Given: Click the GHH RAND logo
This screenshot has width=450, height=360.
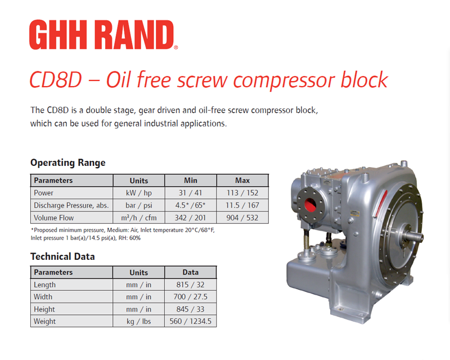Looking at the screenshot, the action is pyautogui.click(x=103, y=35).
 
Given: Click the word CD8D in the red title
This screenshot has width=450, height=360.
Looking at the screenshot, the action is pyautogui.click(x=56, y=79).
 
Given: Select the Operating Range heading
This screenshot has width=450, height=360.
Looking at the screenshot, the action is pyautogui.click(x=68, y=163).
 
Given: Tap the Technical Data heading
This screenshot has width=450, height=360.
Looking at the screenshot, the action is pyautogui.click(x=62, y=256).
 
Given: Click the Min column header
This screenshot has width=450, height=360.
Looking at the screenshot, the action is pyautogui.click(x=191, y=181).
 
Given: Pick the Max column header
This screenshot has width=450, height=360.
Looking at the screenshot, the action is pyautogui.click(x=242, y=181).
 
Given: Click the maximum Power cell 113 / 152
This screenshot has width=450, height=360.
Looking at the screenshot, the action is pyautogui.click(x=242, y=192).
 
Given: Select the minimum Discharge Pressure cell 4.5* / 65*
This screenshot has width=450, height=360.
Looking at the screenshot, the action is pyautogui.click(x=191, y=205).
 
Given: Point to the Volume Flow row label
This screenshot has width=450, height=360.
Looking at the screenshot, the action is pyautogui.click(x=53, y=218).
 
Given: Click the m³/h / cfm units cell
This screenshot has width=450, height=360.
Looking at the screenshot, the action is pyautogui.click(x=139, y=218).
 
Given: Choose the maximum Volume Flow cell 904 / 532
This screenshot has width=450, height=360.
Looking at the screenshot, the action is pyautogui.click(x=242, y=218).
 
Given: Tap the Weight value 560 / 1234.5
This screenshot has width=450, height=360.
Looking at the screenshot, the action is pyautogui.click(x=191, y=321).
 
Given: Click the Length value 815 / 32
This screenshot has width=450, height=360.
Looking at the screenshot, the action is pyautogui.click(x=191, y=285).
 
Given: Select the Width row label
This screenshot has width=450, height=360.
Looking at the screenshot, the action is pyautogui.click(x=43, y=297).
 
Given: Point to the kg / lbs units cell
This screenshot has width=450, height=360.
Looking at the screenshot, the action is pyautogui.click(x=139, y=322).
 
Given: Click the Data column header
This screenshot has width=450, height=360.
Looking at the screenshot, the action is pyautogui.click(x=191, y=272).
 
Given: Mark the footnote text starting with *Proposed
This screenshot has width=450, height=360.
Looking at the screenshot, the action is pyautogui.click(x=123, y=234).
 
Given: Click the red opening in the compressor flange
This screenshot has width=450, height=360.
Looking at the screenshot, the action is pyautogui.click(x=310, y=205).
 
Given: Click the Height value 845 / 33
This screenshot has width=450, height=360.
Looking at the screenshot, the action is pyautogui.click(x=191, y=309).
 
